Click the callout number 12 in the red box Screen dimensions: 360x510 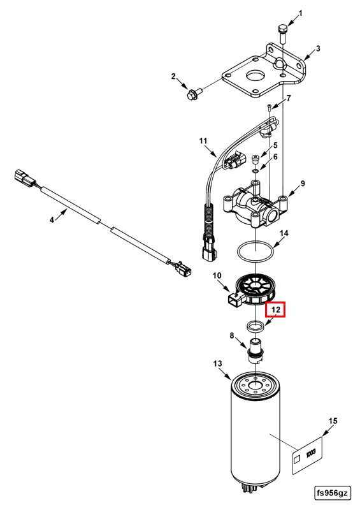pyautogui.click(x=275, y=309)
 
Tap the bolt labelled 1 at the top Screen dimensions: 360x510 pyautogui.click(x=282, y=34)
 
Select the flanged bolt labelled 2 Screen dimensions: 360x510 pyautogui.click(x=194, y=93)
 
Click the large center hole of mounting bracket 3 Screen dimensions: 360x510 pyautogui.click(x=256, y=76)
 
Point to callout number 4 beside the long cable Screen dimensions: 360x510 pyautogui.click(x=52, y=220)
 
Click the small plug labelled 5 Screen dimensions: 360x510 pyautogui.click(x=256, y=160)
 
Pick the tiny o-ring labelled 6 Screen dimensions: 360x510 pyautogui.click(x=256, y=171)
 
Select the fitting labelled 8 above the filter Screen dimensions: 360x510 pyautogui.click(x=256, y=351)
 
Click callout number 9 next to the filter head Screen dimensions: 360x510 pyautogui.click(x=303, y=184)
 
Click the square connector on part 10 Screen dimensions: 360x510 pyautogui.click(x=234, y=300)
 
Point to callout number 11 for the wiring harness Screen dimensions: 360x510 pyautogui.click(x=203, y=141)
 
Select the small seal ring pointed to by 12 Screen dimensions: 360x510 pyautogui.click(x=255, y=326)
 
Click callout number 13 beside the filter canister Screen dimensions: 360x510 pyautogui.click(x=217, y=363)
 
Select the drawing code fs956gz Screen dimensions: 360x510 pyautogui.click(x=333, y=493)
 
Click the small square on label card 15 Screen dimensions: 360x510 pyautogui.click(x=296, y=459)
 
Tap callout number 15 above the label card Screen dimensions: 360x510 pyautogui.click(x=333, y=421)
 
